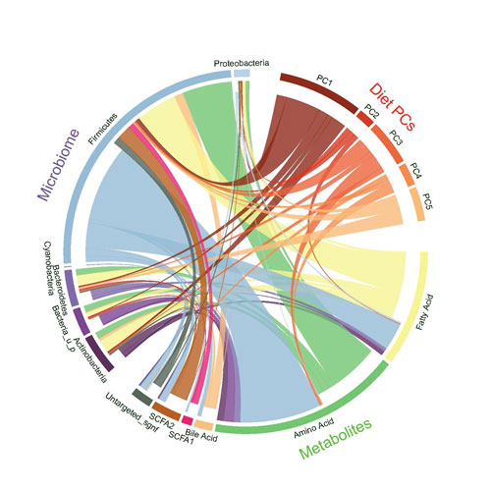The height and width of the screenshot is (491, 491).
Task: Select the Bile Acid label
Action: (x=200, y=430)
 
